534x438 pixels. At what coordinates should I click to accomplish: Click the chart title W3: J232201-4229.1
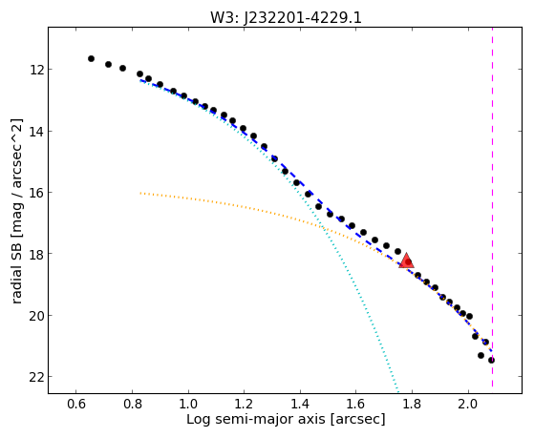(286, 17)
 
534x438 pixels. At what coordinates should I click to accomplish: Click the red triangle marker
(406, 261)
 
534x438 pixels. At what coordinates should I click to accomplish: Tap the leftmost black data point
(91, 58)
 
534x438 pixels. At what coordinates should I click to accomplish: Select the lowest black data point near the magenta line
(491, 360)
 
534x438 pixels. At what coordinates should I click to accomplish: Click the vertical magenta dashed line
(493, 207)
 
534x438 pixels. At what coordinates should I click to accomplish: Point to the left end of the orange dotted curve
(140, 193)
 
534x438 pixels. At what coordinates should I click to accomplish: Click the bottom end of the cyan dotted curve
(397, 392)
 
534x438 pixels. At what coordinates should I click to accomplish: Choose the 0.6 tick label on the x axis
(76, 405)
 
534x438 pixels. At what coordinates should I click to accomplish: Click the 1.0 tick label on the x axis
(188, 405)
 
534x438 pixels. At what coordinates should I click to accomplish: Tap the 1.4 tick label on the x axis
(300, 405)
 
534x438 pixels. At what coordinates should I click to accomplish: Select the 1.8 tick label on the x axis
(412, 405)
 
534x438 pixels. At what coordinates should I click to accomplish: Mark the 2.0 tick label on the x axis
(468, 405)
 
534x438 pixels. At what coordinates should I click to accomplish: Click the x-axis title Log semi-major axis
(256, 420)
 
